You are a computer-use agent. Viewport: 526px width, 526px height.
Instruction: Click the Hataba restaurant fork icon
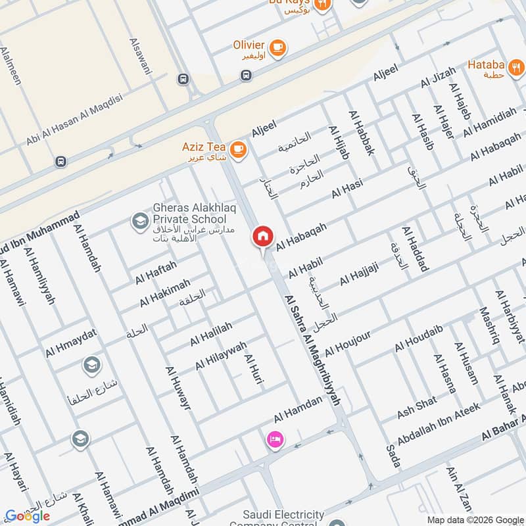[517, 66]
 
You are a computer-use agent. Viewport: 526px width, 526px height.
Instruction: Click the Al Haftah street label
[156, 272]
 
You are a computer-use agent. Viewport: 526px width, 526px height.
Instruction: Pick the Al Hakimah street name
[164, 293]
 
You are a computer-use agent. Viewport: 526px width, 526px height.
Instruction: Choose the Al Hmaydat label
[70, 343]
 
